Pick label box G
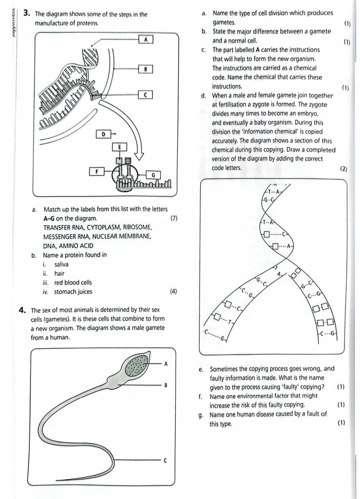tap(153, 175)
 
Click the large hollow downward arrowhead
tap(140, 154)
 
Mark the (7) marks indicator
tap(174, 218)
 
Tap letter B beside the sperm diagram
tap(166, 385)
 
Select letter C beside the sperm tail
tap(165, 460)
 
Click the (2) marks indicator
tap(344, 169)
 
